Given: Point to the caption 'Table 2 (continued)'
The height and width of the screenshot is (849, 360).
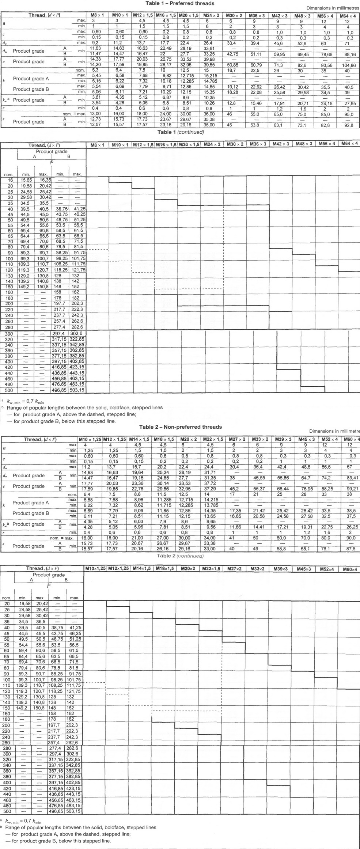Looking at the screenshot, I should pyautogui.click(x=180, y=556).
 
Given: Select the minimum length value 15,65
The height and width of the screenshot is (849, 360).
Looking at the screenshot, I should pyautogui.click(x=26, y=180).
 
